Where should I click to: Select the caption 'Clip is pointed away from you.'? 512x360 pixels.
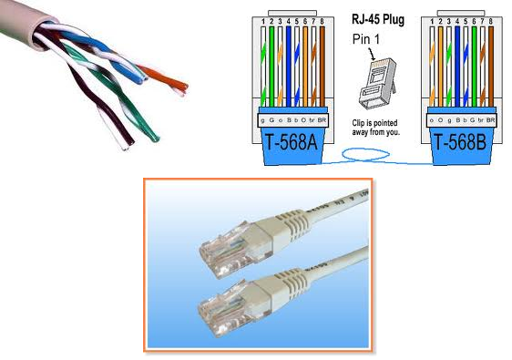click(x=376, y=127)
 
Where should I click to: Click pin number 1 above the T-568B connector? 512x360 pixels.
click(x=428, y=19)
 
